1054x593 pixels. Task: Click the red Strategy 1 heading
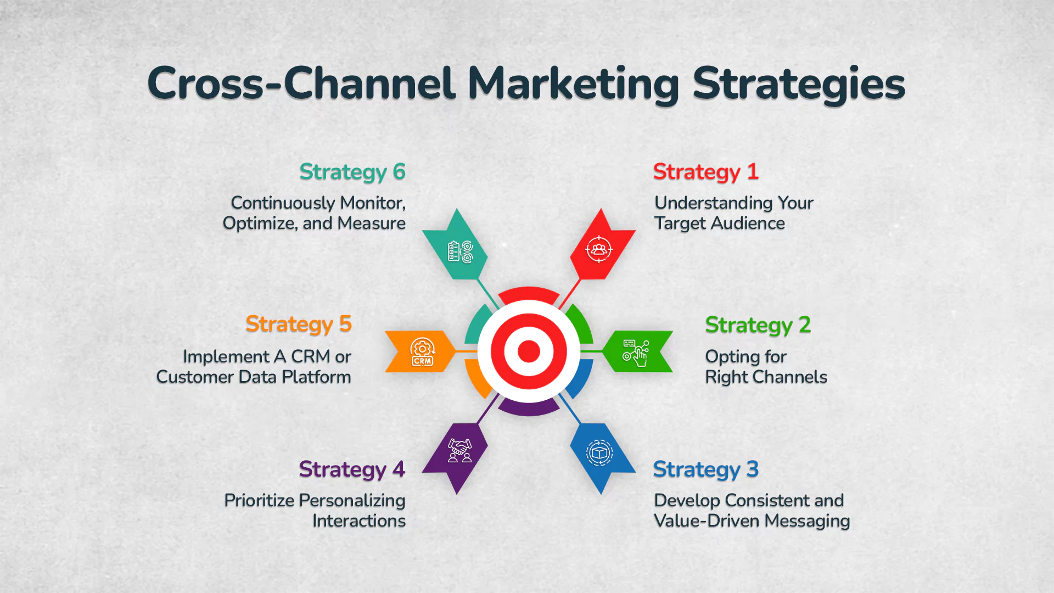[705, 172]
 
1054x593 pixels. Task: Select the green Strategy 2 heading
[758, 325]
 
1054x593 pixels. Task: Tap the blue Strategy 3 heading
[705, 470]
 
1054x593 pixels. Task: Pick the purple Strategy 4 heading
[352, 470]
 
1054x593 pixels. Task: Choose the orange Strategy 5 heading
[298, 325]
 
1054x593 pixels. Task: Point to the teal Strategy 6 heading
[352, 172]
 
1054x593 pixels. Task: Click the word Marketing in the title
[573, 84]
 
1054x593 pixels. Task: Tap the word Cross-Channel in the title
[301, 84]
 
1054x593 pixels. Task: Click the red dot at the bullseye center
[529, 351]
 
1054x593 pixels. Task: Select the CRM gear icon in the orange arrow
[422, 352]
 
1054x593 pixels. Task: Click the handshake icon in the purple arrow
[459, 451]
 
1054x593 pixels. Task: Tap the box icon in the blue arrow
[599, 453]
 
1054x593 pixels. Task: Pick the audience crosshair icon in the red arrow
[598, 250]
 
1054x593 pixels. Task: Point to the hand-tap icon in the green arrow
[636, 353]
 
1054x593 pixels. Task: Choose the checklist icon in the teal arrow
[459, 252]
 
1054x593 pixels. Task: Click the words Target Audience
[719, 223]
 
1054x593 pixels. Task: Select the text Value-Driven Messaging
[752, 521]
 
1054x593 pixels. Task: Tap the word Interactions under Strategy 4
[359, 521]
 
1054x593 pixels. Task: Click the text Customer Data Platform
[254, 377]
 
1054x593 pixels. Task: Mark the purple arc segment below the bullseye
[529, 409]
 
